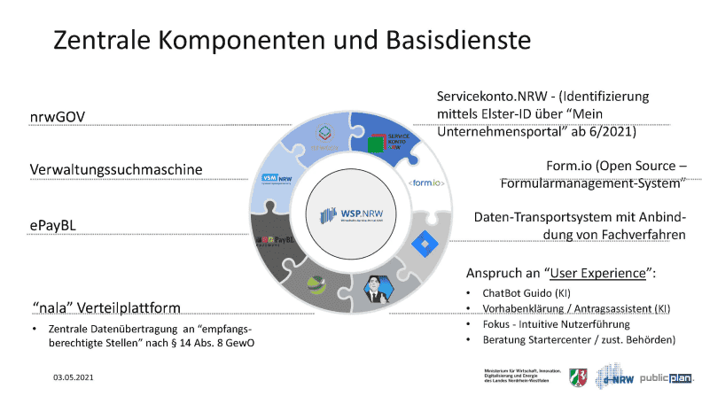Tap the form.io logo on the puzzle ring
[426, 183]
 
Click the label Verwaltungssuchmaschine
[115, 168]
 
